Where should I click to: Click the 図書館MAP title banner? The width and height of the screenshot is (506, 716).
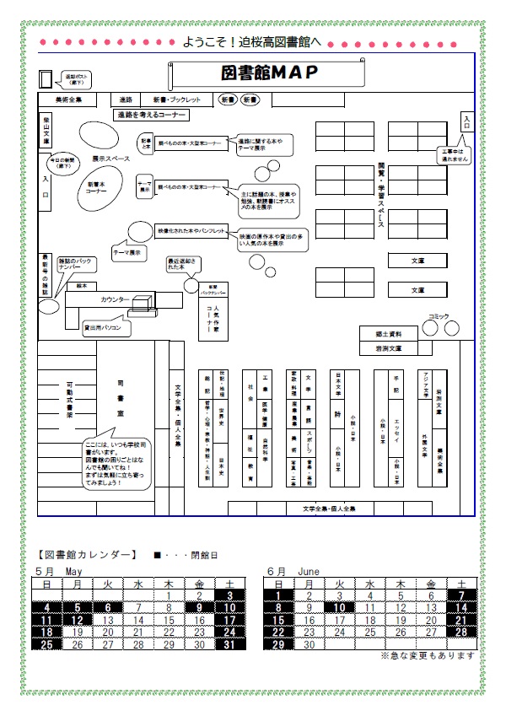point(269,73)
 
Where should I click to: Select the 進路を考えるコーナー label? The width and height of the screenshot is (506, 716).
point(150,114)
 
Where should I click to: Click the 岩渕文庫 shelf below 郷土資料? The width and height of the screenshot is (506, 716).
point(389,347)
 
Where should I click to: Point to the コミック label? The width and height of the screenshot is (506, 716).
point(439,315)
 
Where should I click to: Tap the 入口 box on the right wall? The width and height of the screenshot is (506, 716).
point(466,120)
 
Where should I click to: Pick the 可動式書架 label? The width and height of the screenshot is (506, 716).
point(70,399)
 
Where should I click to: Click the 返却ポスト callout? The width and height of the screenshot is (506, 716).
point(77,79)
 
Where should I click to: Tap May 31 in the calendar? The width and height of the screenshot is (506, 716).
point(230,644)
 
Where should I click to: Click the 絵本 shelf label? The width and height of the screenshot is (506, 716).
point(81,286)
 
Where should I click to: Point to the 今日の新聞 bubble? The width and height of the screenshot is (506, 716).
point(62,163)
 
